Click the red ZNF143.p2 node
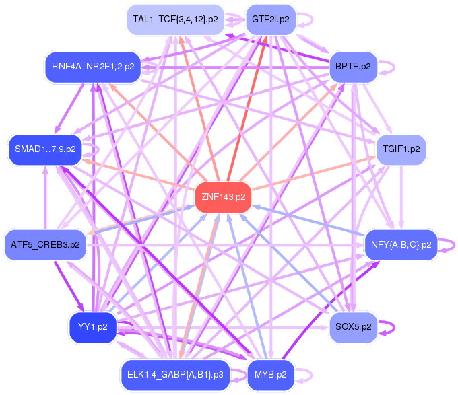(x=223, y=198)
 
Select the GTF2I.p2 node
(x=270, y=19)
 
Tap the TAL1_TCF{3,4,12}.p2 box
(x=175, y=19)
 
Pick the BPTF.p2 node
(x=353, y=66)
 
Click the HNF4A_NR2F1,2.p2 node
(x=93, y=66)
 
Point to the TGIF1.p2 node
(x=401, y=149)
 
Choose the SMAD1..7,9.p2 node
(x=45, y=149)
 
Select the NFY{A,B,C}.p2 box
(x=401, y=244)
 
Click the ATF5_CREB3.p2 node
(x=45, y=244)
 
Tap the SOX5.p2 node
(x=353, y=327)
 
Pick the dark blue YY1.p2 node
(x=93, y=327)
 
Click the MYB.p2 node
(x=270, y=374)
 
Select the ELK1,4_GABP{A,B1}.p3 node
(x=175, y=374)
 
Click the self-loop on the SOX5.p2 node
(x=388, y=327)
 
